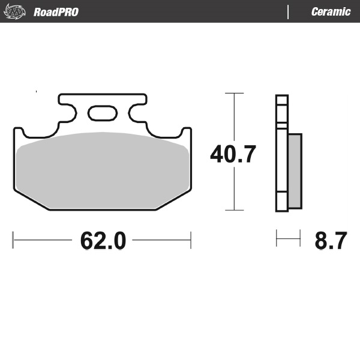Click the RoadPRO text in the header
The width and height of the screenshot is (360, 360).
point(56,12)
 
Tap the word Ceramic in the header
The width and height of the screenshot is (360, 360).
point(331,12)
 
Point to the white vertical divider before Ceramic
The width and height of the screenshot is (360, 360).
point(289,12)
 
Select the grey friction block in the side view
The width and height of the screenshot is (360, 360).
point(295,171)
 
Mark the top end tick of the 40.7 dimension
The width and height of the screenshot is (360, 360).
point(234,94)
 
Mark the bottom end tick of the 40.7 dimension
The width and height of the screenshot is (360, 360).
point(234,211)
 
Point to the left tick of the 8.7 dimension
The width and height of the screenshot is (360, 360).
point(277,239)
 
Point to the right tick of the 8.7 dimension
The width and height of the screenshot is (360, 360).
point(300,239)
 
